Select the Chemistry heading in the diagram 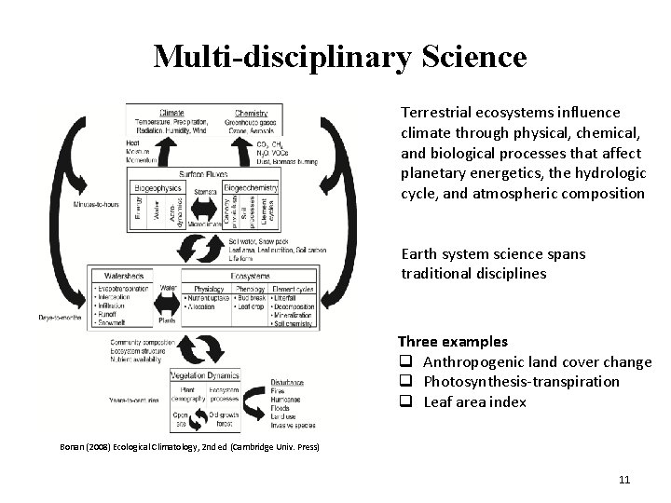tap(252, 114)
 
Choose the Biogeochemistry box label tap(251, 187)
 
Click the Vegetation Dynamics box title tap(205, 375)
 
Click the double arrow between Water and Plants tap(168, 304)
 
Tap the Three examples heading tap(453, 342)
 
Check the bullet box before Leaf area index tap(405, 402)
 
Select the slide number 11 tap(624, 480)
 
